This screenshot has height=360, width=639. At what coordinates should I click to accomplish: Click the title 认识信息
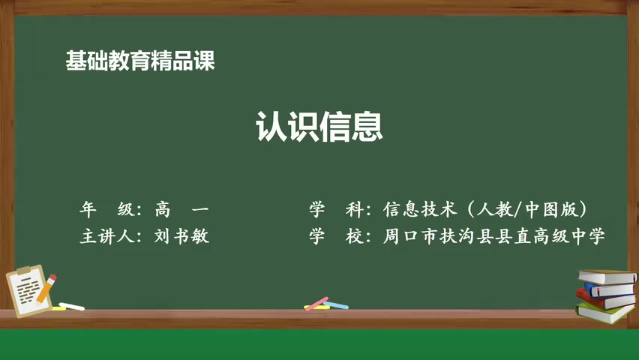tap(319, 127)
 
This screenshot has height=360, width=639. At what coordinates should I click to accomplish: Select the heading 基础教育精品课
tap(140, 61)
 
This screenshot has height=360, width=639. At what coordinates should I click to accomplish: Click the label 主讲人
tap(106, 236)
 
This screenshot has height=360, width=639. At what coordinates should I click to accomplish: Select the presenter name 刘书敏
tap(182, 236)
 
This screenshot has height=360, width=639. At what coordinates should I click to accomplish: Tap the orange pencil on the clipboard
tap(46, 289)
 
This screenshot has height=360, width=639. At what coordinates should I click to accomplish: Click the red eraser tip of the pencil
tap(53, 277)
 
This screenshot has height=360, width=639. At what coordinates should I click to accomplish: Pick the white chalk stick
tap(72, 306)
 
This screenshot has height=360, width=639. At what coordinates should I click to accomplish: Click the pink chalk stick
tap(316, 304)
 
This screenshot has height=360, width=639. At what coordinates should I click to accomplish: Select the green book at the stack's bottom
tap(604, 313)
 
